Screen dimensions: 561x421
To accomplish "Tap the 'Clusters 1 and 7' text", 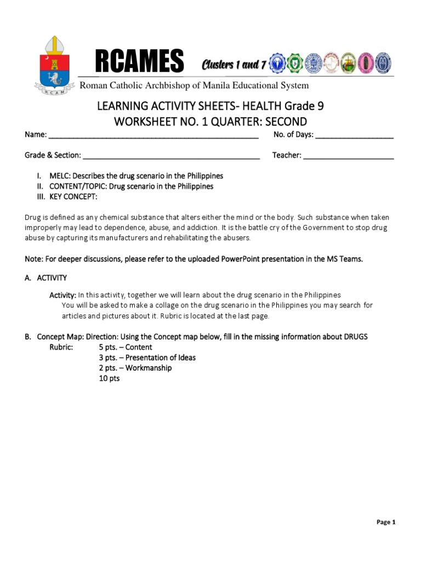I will (234, 65).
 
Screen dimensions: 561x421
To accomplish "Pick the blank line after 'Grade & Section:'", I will (171, 156).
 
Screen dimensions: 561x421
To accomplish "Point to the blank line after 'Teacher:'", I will (348, 156).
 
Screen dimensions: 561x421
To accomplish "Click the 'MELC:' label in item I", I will (60, 176).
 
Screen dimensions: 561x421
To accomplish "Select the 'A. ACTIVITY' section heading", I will (45, 278).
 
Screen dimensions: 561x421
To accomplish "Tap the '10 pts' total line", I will (109, 378).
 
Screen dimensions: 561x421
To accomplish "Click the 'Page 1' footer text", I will (386, 522).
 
